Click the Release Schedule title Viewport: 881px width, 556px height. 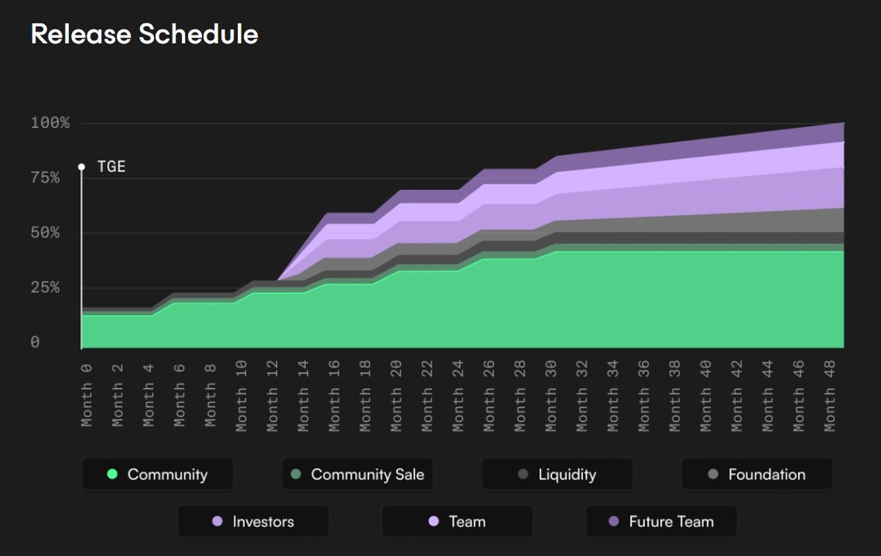point(144,34)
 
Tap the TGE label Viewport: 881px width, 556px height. point(112,167)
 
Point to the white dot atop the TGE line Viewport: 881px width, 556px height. point(81,167)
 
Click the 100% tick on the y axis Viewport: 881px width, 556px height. point(50,123)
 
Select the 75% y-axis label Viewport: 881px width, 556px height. point(45,178)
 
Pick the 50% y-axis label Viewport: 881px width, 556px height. point(45,233)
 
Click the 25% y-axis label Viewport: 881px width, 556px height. point(45,288)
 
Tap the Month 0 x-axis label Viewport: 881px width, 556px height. point(86,394)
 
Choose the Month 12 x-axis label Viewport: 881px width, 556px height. point(272,394)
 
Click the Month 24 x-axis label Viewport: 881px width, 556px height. point(458,394)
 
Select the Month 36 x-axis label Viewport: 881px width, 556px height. point(644,394)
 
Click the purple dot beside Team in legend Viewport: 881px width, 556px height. point(433,521)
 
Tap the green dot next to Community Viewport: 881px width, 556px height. point(112,474)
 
